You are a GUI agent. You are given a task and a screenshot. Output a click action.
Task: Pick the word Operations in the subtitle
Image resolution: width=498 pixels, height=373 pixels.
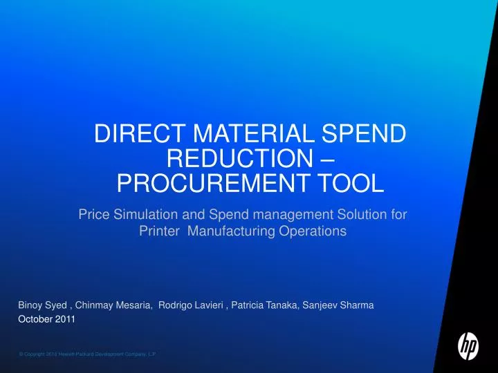(313, 231)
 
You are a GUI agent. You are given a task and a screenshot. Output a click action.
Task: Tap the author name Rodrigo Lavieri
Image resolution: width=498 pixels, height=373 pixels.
(191, 305)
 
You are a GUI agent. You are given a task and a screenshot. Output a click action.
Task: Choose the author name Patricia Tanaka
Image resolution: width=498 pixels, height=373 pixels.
(266, 305)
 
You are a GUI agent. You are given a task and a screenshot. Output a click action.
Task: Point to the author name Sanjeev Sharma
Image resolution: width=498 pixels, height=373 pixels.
(338, 305)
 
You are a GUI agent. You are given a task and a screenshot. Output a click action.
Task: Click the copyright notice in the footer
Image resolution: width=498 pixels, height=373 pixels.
(87, 353)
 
